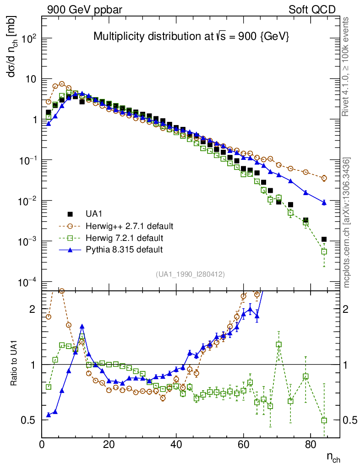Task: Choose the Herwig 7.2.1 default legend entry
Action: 124,238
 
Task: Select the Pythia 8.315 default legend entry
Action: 124,250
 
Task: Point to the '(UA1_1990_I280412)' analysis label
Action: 190,274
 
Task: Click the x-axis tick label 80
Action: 311,445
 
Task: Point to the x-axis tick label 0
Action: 42,445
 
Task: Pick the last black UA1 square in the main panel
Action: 324,239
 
